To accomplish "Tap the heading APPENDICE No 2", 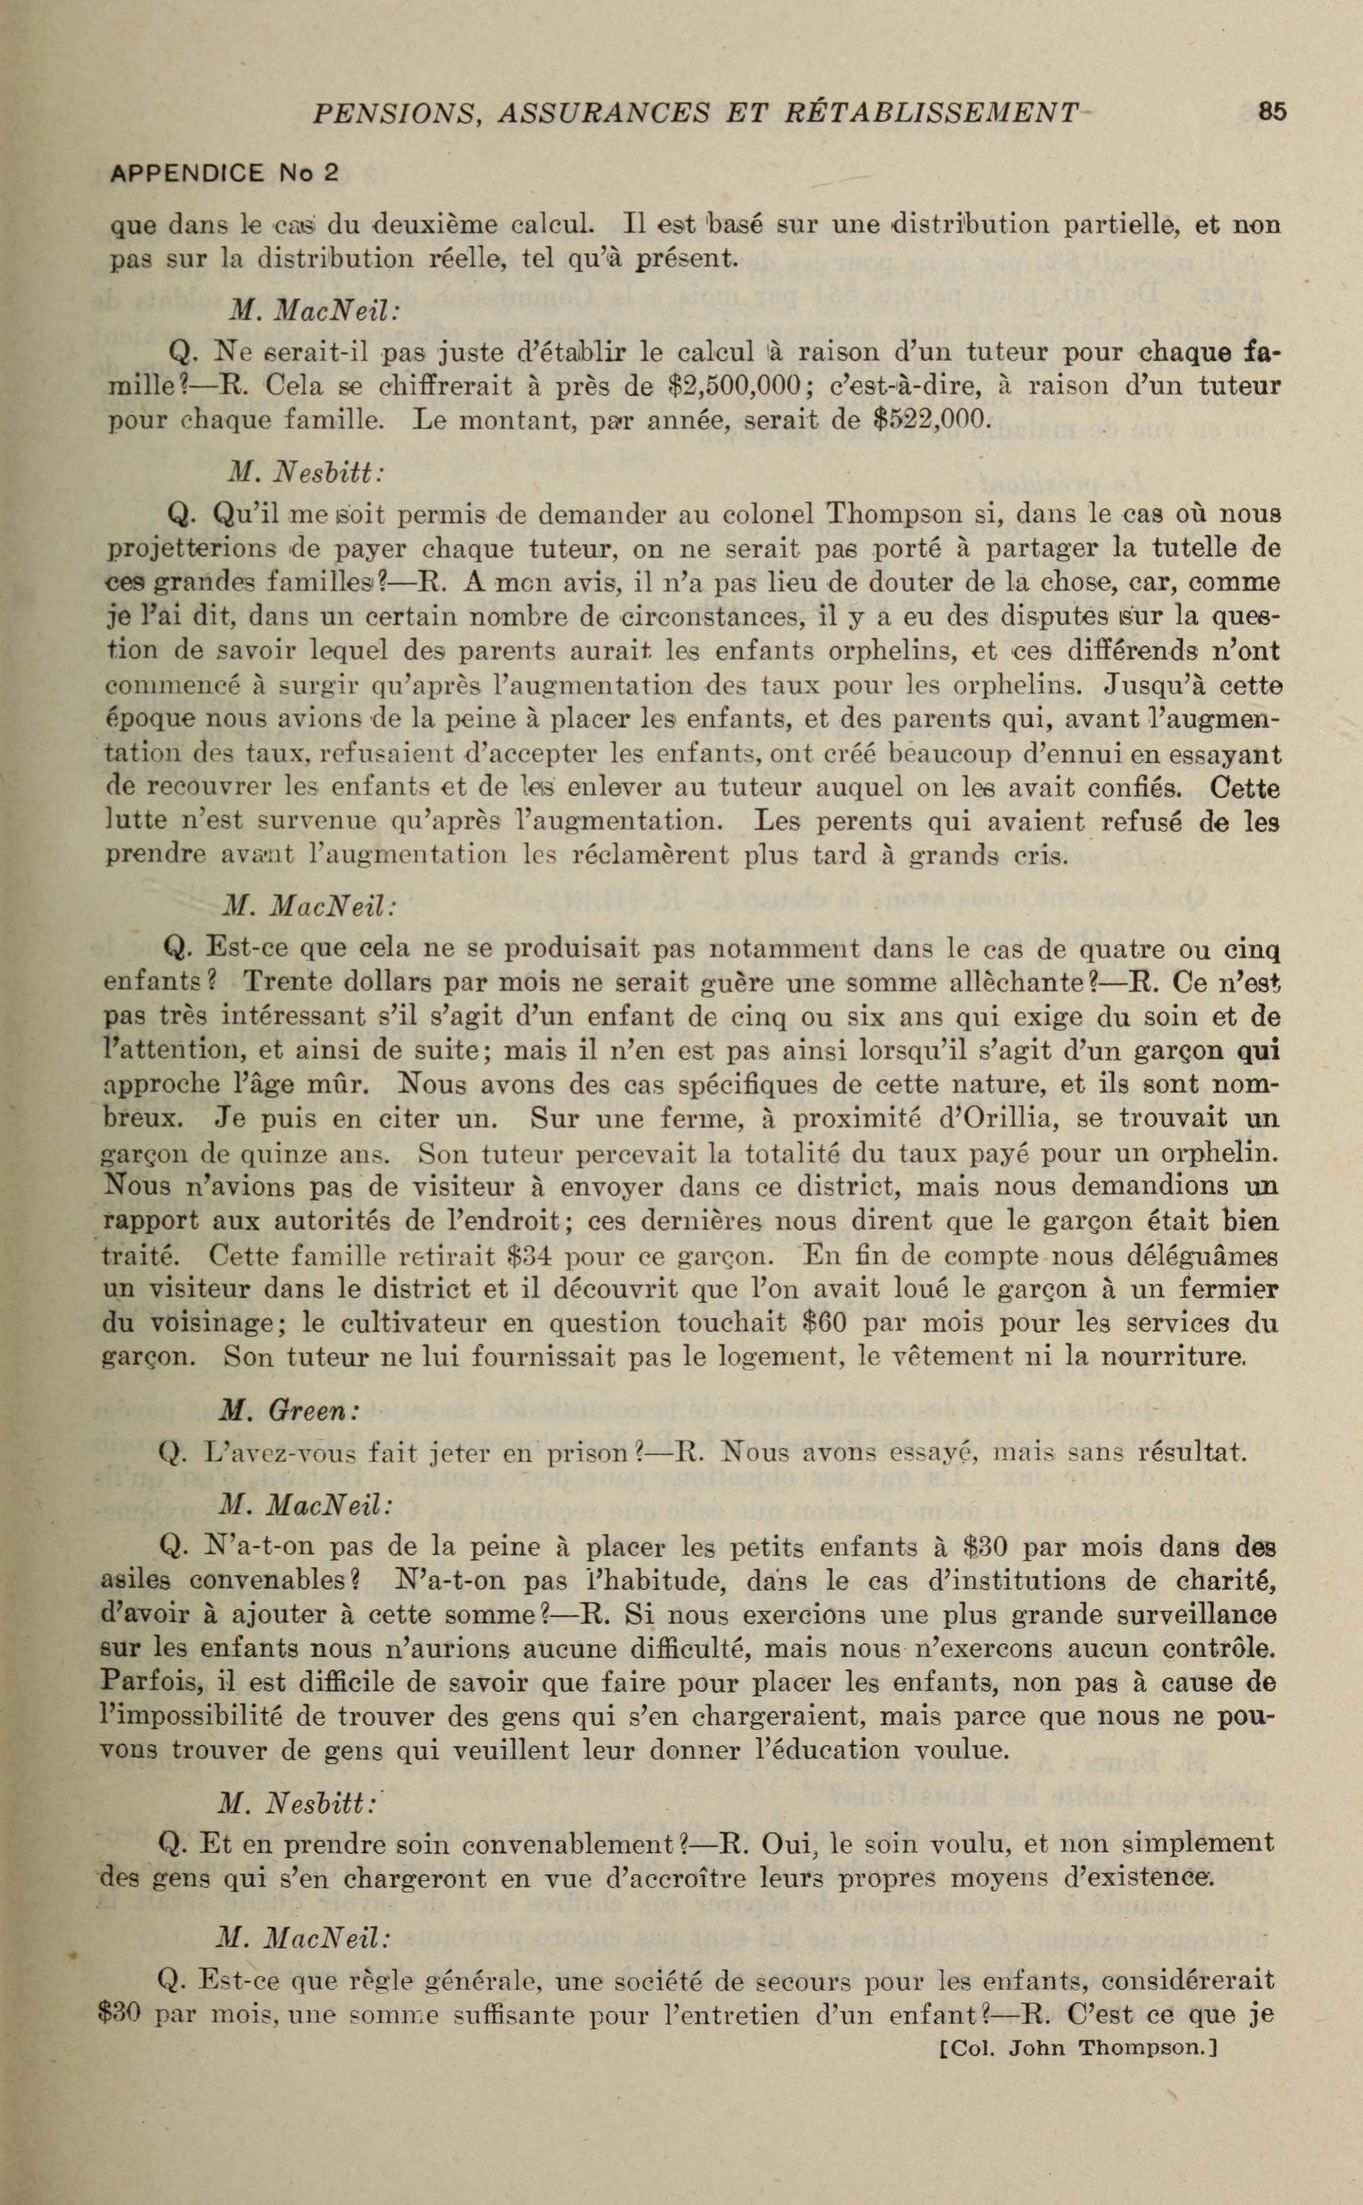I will click(x=223, y=173).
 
